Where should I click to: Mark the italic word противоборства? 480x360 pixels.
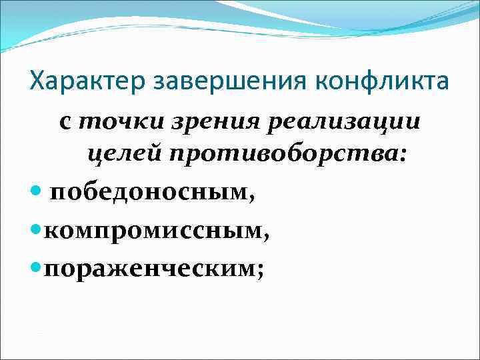pos(283,154)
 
